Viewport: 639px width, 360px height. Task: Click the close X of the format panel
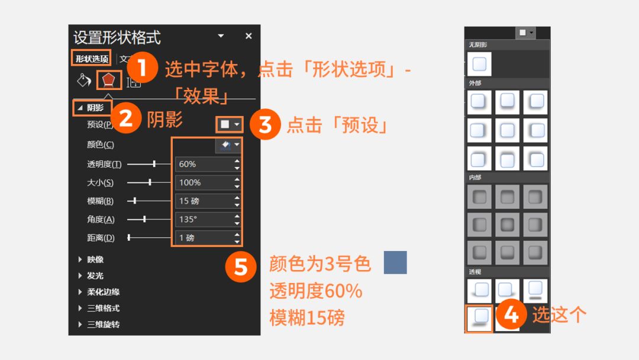(x=248, y=36)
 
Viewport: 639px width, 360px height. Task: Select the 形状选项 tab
(x=92, y=59)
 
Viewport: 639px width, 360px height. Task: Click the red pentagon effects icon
(x=108, y=80)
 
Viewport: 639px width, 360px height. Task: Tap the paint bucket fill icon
(x=84, y=81)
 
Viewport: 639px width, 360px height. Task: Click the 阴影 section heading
(x=95, y=108)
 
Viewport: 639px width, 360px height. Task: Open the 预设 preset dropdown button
(x=229, y=124)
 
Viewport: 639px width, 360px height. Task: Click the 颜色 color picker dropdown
(x=228, y=144)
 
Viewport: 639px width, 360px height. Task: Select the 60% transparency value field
(x=204, y=164)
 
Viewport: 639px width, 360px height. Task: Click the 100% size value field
(x=204, y=182)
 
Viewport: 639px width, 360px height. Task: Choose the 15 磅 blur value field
(x=204, y=201)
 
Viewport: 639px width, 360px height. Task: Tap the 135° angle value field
(x=204, y=219)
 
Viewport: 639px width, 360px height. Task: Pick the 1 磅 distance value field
(x=204, y=237)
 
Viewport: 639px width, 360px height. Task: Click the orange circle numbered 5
(x=241, y=266)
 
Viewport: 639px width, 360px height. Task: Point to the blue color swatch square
(x=395, y=262)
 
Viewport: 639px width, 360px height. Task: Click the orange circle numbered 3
(x=265, y=124)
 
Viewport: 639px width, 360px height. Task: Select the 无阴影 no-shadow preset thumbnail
(x=479, y=64)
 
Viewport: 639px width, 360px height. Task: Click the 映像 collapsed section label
(x=95, y=259)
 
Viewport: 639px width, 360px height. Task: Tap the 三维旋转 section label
(x=103, y=324)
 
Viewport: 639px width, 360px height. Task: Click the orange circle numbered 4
(x=511, y=314)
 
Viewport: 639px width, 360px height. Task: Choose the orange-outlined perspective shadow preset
(x=479, y=318)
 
